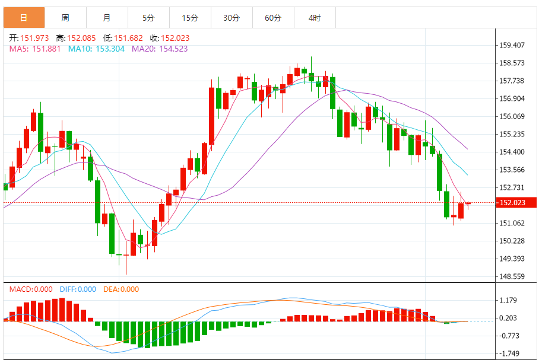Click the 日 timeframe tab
click(24, 18)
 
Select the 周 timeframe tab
click(65, 18)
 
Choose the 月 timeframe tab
click(107, 18)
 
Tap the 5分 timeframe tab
click(148, 18)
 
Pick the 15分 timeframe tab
click(190, 18)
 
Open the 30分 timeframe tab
click(232, 18)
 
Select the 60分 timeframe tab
click(273, 18)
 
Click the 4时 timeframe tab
click(315, 18)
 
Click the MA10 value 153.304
click(109, 49)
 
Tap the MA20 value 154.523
click(172, 49)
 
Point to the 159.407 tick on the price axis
click(512, 45)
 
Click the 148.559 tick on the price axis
click(512, 276)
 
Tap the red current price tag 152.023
click(514, 203)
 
